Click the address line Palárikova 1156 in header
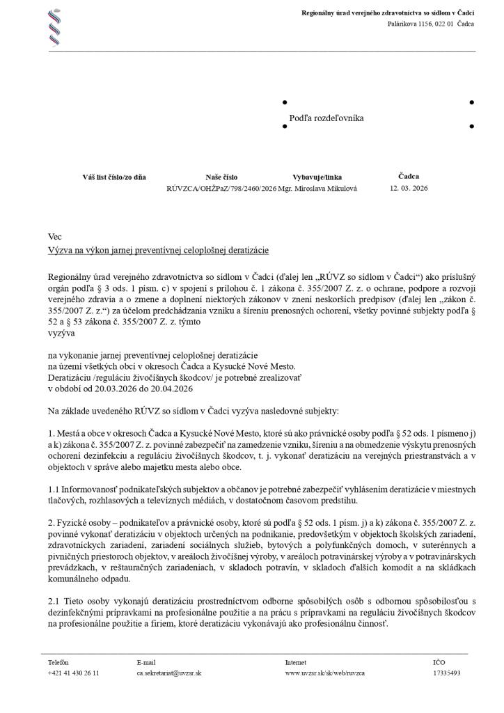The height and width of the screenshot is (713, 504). (430, 24)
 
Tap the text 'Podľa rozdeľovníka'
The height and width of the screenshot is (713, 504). (326, 118)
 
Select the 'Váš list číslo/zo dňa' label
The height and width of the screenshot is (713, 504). (114, 177)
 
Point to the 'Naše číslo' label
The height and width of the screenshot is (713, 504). (221, 177)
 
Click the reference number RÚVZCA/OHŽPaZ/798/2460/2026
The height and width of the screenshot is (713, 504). (221, 189)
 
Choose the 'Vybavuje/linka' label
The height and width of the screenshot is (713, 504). (317, 177)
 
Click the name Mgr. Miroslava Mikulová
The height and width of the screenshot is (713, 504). (317, 189)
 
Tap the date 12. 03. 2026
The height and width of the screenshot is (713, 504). (409, 188)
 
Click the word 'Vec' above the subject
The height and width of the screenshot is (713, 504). (55, 237)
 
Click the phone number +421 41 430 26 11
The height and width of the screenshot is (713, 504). (73, 673)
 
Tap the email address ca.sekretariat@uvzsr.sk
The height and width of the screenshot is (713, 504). (169, 673)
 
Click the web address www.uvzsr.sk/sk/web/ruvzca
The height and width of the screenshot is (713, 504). (324, 673)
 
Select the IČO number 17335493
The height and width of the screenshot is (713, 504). (446, 673)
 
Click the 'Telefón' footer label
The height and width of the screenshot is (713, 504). (58, 662)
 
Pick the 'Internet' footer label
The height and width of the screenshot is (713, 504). (297, 662)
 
